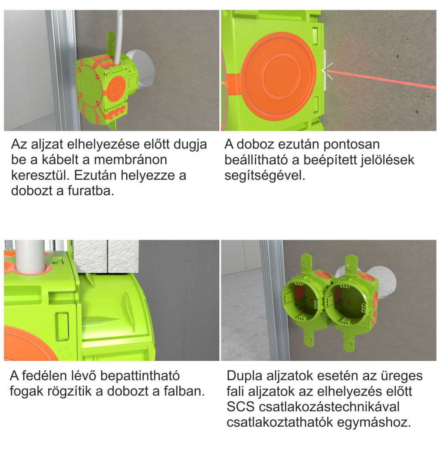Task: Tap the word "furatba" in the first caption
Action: (x=91, y=191)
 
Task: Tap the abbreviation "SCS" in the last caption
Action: (x=240, y=407)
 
